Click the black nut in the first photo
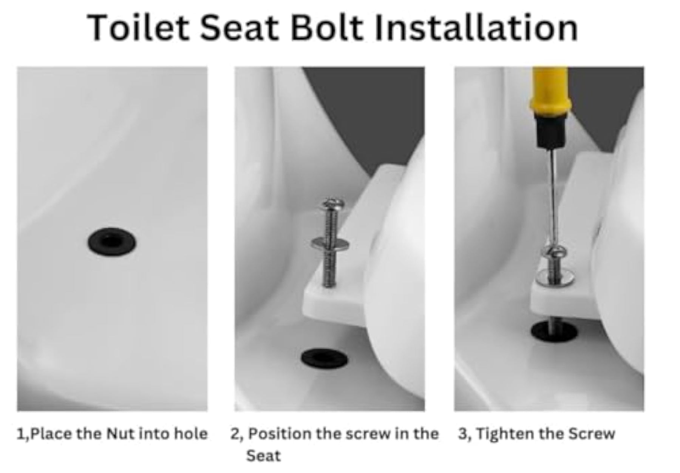click(x=112, y=241)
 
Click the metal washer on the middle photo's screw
click(x=330, y=243)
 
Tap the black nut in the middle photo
click(x=324, y=357)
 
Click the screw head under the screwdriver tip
click(x=555, y=252)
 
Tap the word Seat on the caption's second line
click(x=263, y=456)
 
